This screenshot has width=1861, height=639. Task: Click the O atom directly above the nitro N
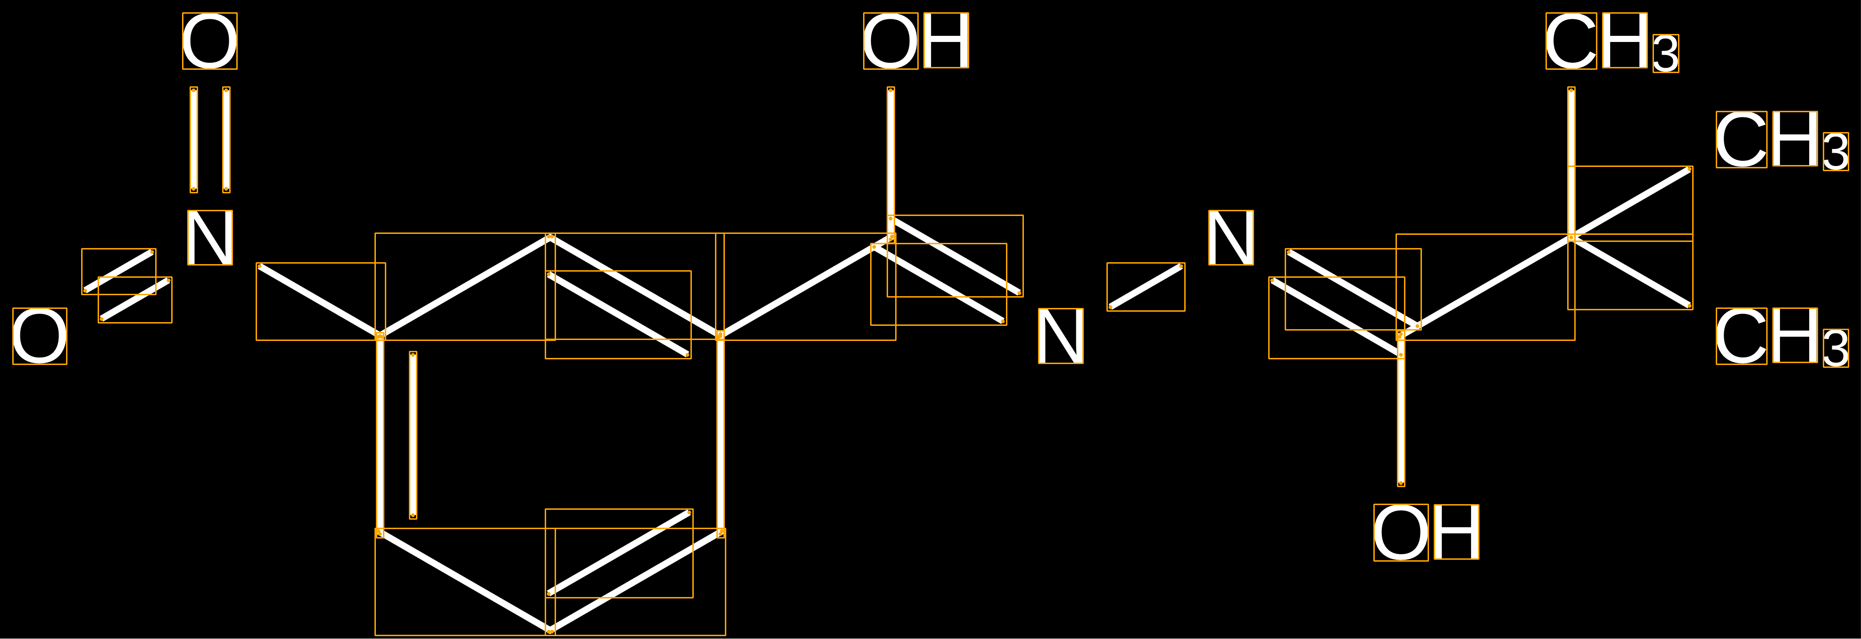pos(209,41)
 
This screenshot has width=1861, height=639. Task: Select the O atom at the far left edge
pos(40,336)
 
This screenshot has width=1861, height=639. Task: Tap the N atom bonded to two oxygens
pos(210,238)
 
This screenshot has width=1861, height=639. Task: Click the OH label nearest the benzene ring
pos(916,41)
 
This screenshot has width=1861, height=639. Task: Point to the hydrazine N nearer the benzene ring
pos(1061,336)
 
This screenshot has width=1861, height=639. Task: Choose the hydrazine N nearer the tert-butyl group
pos(1231,238)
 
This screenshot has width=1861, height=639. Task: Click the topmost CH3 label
pos(1612,42)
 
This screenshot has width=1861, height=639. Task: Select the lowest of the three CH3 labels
pos(1782,337)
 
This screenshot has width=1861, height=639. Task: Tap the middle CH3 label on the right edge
pos(1782,141)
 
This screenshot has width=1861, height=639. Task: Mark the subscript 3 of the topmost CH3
pos(1666,53)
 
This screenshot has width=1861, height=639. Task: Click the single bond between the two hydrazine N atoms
pos(1146,287)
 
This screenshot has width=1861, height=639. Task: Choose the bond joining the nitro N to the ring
pos(320,301)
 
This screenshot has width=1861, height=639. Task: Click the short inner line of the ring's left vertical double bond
pos(413,435)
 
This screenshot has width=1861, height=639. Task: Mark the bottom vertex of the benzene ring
pos(550,631)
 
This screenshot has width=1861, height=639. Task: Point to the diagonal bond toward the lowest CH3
pos(1630,272)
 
